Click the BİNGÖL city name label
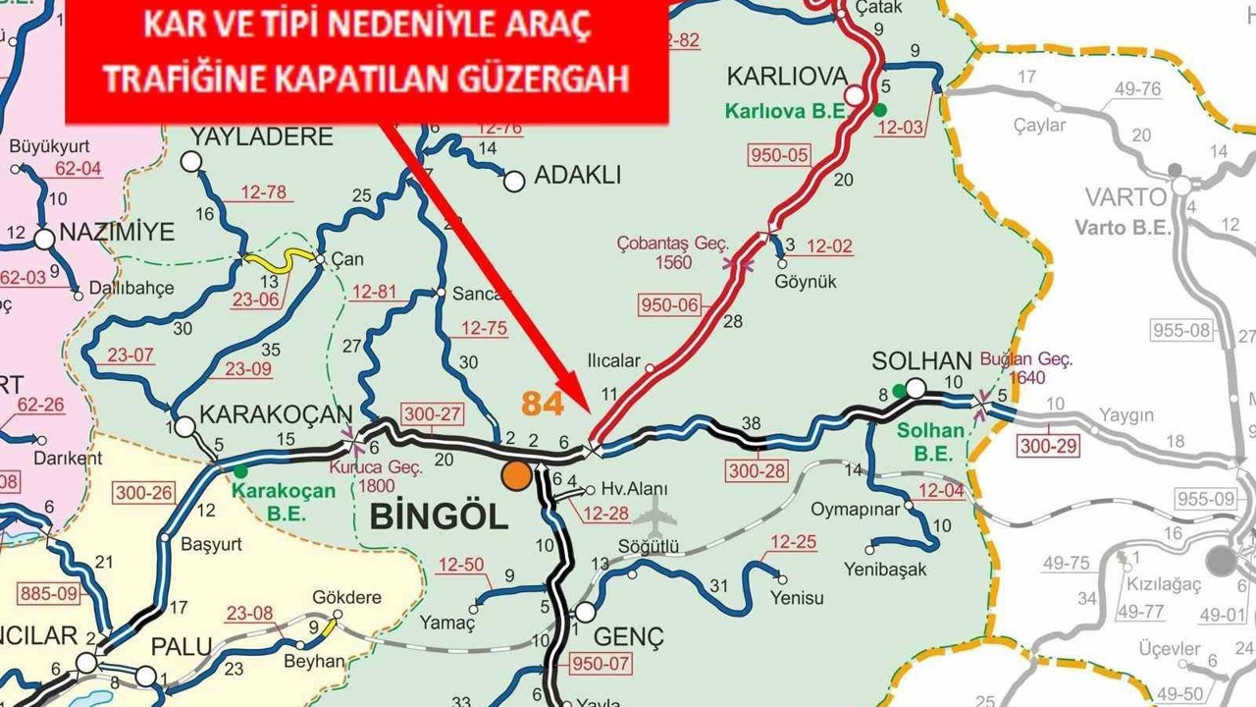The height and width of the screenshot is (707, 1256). [x=439, y=517]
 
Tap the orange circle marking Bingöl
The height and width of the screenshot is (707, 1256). [x=516, y=475]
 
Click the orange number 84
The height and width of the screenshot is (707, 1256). [x=543, y=403]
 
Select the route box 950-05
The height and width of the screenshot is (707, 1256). [x=779, y=155]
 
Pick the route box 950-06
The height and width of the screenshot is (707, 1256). [x=670, y=305]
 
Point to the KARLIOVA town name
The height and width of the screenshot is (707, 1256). [x=786, y=77]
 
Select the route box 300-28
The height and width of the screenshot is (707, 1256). [x=758, y=471]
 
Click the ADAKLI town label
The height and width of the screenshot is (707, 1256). [x=577, y=176]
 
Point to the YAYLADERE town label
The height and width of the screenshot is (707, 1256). [x=261, y=136]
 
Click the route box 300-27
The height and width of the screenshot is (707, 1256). [x=432, y=415]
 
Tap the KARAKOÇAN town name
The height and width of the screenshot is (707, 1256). [x=276, y=414]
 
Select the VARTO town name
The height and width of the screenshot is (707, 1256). [x=1125, y=196]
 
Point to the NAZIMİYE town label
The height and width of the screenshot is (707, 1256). [x=117, y=233]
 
